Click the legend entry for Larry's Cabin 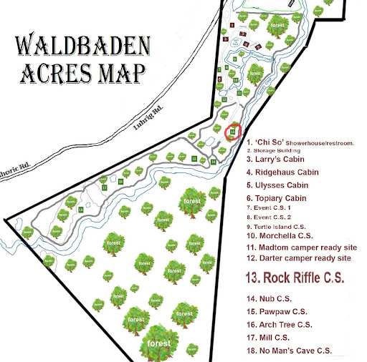pyautogui.click(x=275, y=160)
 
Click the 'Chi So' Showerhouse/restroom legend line pyautogui.click(x=300, y=143)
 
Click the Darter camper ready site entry pyautogui.click(x=298, y=258)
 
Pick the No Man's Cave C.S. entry pyautogui.click(x=289, y=350)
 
